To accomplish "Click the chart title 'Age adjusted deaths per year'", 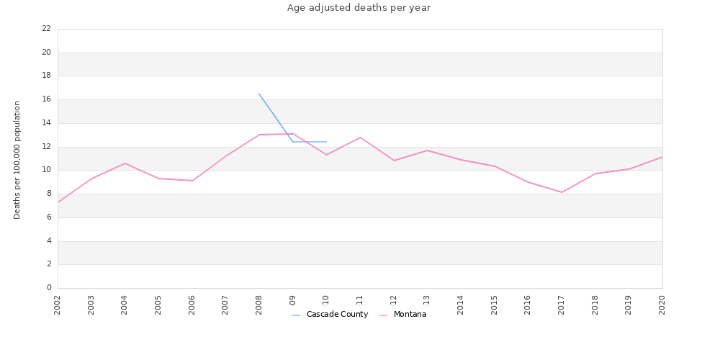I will click(359, 8).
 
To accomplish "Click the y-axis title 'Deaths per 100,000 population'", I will click(17, 160).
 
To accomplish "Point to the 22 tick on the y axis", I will click(46, 29).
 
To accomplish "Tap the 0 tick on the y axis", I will click(48, 288).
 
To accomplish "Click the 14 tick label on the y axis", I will click(46, 123).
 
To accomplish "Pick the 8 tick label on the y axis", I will click(48, 194).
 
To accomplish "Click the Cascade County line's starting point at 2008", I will click(259, 94).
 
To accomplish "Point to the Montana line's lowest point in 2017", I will click(562, 192).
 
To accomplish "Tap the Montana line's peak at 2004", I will click(125, 163).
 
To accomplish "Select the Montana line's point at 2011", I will click(360, 138).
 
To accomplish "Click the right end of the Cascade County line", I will click(326, 142).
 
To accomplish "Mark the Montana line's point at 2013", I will click(427, 150).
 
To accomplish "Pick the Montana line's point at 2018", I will click(595, 174).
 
